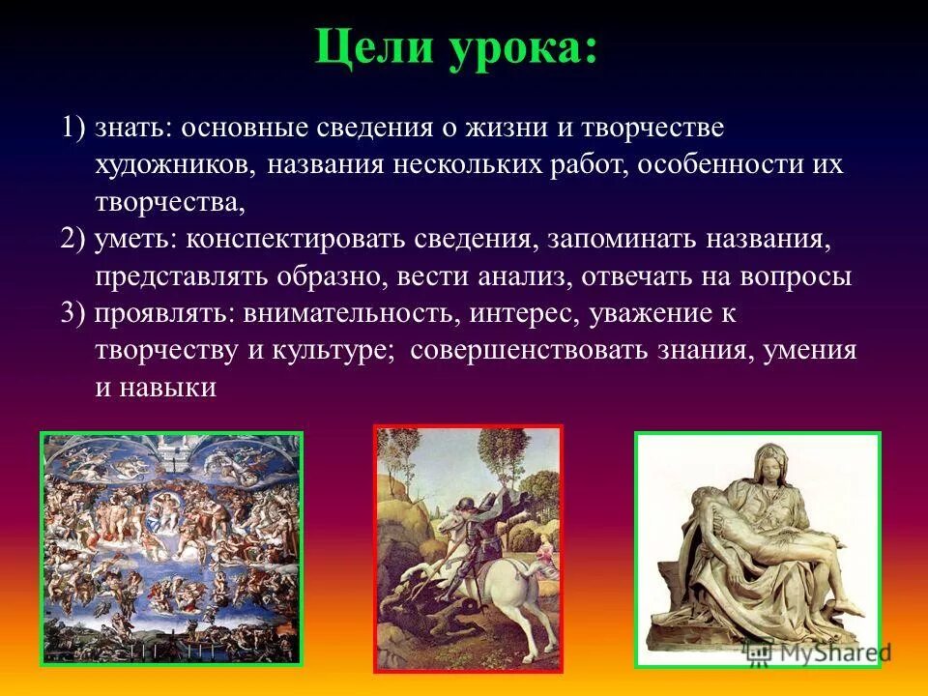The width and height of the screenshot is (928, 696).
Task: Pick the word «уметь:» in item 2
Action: pyautogui.click(x=136, y=239)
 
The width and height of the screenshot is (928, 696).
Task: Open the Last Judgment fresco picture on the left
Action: pyautogui.click(x=171, y=548)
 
